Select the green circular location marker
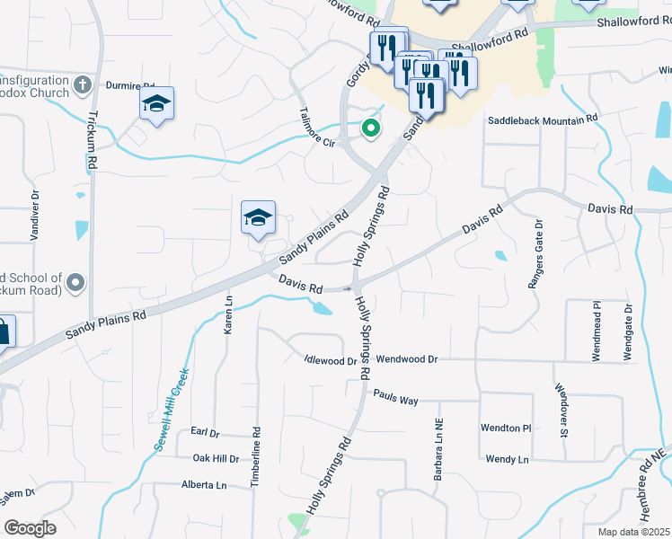(369, 129)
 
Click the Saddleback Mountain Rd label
(543, 119)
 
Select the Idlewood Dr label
(331, 361)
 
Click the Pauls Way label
(396, 396)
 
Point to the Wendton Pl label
(507, 428)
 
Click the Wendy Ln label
(507, 459)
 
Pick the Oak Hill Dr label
(217, 458)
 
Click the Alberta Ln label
(204, 485)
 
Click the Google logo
(31, 527)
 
